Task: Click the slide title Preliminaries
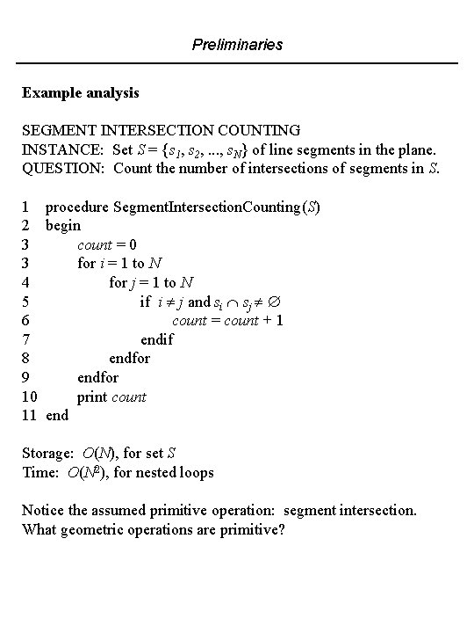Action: pos(237,43)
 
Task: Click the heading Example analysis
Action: pos(81,92)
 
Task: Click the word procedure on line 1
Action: pos(77,207)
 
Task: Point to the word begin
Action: pos(63,226)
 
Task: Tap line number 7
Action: pos(26,339)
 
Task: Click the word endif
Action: pos(157,339)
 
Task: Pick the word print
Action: pos(92,397)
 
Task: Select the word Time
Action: pos(40,472)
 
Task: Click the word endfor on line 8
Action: pos(129,359)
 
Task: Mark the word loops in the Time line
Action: pos(194,472)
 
